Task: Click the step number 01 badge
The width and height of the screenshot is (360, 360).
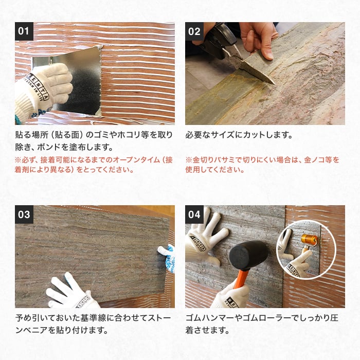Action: tap(24, 31)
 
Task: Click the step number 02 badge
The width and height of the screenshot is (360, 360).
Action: tap(194, 31)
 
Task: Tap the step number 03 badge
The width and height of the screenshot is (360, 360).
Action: tap(24, 214)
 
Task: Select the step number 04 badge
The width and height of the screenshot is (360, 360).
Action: tap(194, 214)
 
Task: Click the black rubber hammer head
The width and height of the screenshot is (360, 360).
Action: tap(248, 255)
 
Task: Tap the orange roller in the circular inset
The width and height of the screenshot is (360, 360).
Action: tap(310, 240)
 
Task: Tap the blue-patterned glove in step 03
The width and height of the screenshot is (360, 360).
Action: tap(167, 258)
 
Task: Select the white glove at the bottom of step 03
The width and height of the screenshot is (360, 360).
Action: tap(71, 292)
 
